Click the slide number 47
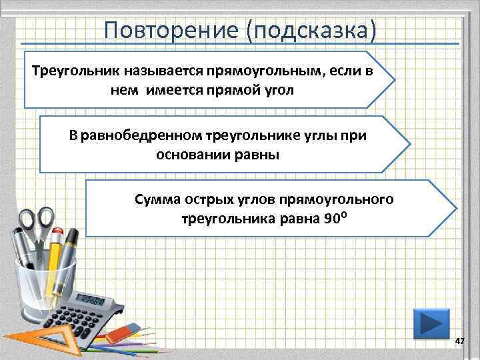tap(459, 341)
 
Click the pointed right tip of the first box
tap(394, 79)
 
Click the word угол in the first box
tap(278, 89)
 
